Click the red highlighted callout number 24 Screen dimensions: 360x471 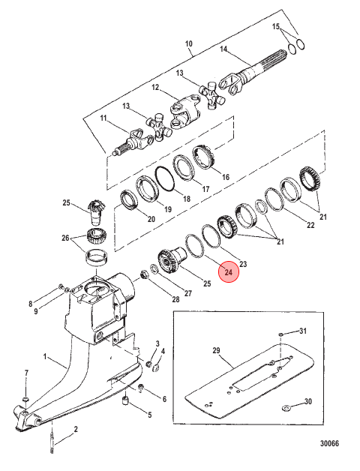(229, 272)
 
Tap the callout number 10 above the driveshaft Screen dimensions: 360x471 (188, 43)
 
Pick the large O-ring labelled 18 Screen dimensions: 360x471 (165, 178)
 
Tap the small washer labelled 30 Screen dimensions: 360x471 (286, 407)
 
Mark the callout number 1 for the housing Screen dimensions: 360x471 (45, 356)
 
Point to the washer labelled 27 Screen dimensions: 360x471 (153, 268)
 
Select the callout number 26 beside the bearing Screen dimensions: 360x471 (66, 238)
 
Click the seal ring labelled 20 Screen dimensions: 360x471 (129, 201)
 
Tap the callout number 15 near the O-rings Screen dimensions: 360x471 (276, 26)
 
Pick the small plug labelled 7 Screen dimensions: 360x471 (25, 399)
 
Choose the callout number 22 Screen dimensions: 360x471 (310, 225)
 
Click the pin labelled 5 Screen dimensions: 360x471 (126, 401)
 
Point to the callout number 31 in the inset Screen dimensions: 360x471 (303, 331)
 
